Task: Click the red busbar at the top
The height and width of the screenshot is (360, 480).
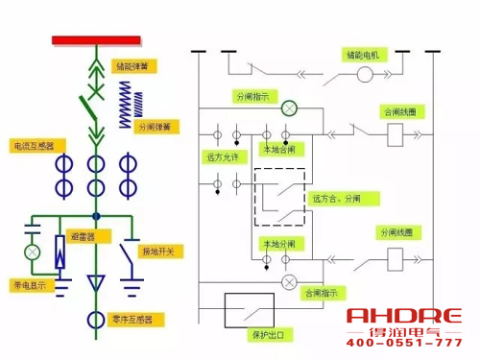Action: coord(95,40)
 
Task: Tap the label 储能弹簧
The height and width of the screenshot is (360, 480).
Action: coord(132,67)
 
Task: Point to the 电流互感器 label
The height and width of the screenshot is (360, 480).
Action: coord(34,146)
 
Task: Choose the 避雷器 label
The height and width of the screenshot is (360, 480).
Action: coord(82,235)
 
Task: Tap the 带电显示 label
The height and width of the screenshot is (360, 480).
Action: coord(30,285)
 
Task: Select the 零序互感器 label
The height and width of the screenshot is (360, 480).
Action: coord(132,319)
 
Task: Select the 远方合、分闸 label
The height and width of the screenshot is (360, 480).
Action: coord(344,199)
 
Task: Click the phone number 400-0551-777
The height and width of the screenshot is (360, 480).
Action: coord(403,343)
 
